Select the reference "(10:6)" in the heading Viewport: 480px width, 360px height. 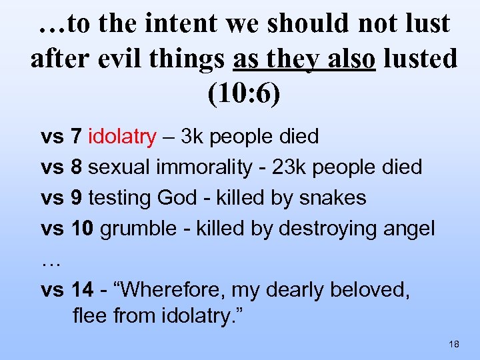click(x=244, y=93)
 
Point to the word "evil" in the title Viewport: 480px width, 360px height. click(x=123, y=59)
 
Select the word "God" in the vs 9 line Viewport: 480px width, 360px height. click(x=175, y=198)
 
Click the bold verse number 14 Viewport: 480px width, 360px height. click(x=82, y=290)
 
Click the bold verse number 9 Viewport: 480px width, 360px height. click(x=77, y=198)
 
